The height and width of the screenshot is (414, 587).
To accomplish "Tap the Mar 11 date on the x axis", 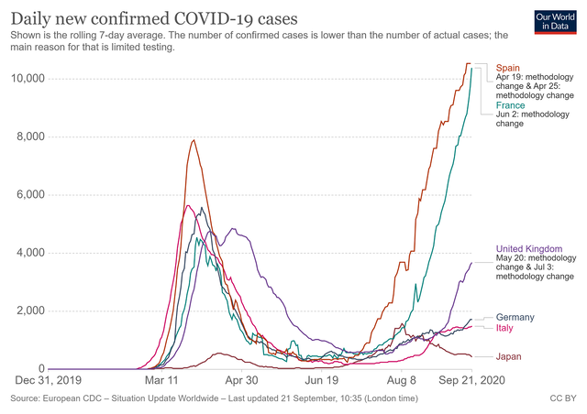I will tap(166, 380).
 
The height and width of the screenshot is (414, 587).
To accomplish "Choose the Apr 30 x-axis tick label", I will tap(241, 380).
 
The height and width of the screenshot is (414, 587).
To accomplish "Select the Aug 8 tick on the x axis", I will tap(400, 380).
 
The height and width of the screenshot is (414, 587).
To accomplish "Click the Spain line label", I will tap(509, 68).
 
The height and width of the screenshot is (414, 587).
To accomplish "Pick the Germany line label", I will tap(517, 317).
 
